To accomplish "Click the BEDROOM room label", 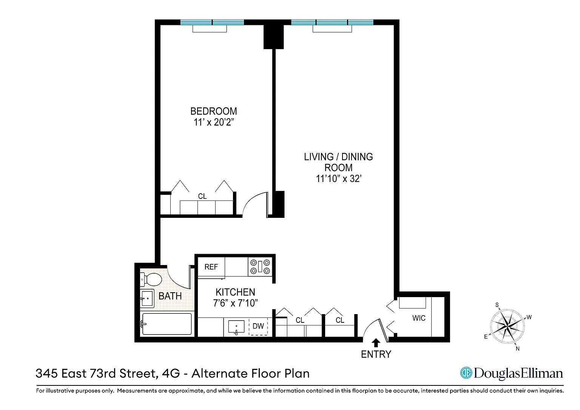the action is click(214, 111).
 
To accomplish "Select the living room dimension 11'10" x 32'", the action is click(338, 179).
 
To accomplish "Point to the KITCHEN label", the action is click(235, 292).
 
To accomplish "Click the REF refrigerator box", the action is click(211, 267).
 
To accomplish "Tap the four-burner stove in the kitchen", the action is click(260, 267).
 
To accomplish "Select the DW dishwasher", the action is click(258, 326).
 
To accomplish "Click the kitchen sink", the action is click(236, 327).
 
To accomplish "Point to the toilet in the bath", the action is click(151, 279).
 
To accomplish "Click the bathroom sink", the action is click(147, 299).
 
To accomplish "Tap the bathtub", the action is click(167, 324).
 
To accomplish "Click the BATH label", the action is click(170, 296).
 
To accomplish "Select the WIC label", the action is click(419, 318).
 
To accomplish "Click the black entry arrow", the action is click(376, 343).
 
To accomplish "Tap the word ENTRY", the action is click(376, 355).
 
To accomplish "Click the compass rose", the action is click(507, 327).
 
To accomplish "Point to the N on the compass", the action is click(518, 349).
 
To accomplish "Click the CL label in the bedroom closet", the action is click(202, 196).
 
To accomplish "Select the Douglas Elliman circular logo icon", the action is click(466, 373).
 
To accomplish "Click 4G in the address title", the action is click(171, 373).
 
